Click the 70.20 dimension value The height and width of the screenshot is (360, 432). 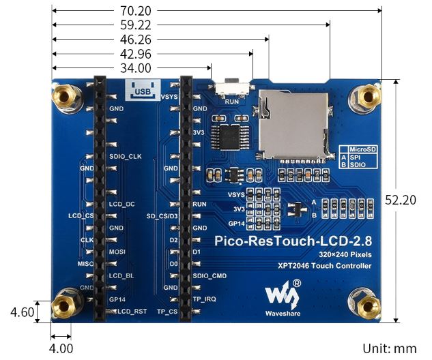click(x=136, y=11)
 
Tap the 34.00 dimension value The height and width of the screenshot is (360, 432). click(x=136, y=68)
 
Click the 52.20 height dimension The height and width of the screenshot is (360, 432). click(x=400, y=200)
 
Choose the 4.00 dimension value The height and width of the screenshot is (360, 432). click(x=61, y=348)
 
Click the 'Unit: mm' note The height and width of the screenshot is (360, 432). click(x=390, y=348)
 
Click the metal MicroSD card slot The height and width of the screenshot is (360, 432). click(x=292, y=123)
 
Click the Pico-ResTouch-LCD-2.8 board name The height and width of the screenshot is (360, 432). click(x=293, y=240)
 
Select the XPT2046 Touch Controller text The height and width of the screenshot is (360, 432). click(x=325, y=266)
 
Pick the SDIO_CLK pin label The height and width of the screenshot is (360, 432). click(x=125, y=156)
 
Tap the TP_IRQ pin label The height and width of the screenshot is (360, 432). click(x=204, y=299)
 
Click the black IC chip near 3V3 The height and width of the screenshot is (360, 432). click(x=226, y=134)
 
